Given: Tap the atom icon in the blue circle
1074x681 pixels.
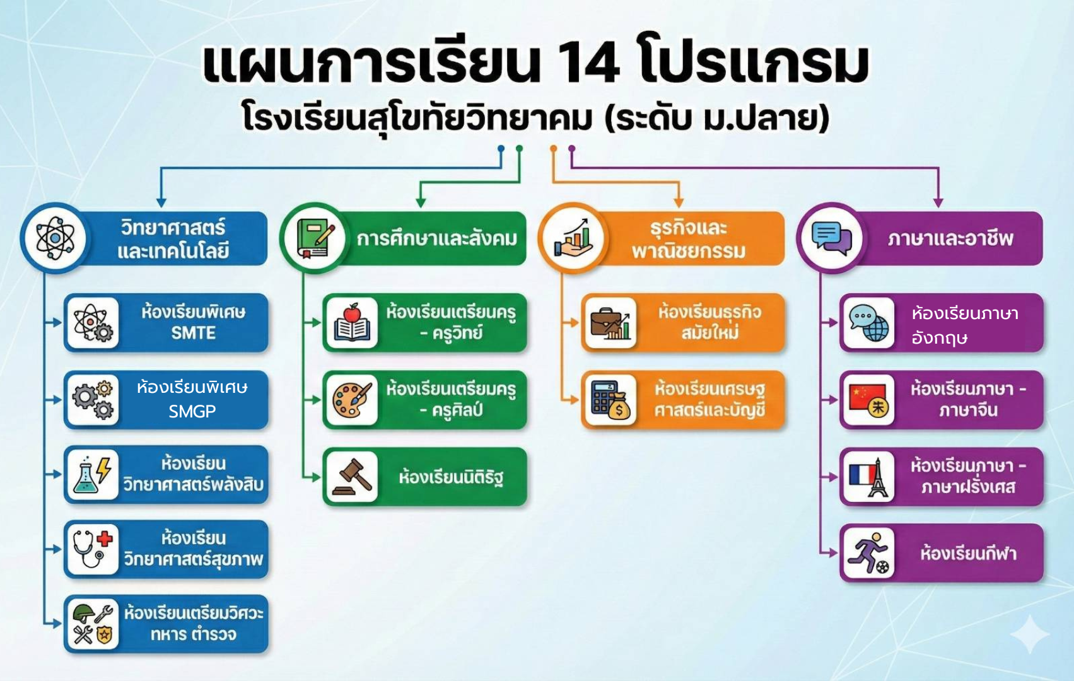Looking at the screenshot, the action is click(55, 238).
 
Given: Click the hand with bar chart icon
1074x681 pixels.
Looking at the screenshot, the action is click(573, 238).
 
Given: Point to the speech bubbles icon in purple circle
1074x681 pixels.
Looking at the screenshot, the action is click(832, 238).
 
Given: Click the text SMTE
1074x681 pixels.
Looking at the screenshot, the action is click(193, 333).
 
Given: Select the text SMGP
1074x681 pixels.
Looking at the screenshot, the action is click(192, 411).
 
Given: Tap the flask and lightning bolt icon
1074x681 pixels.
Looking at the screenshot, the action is click(93, 474).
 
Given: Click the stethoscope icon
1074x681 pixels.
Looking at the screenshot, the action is click(93, 549).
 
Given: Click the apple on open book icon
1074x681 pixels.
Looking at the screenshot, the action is click(352, 322).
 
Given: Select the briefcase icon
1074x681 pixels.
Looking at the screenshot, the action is click(610, 323).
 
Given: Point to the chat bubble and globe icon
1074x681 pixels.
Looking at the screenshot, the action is click(869, 323).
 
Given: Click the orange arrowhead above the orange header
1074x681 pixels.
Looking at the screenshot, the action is click(679, 202).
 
